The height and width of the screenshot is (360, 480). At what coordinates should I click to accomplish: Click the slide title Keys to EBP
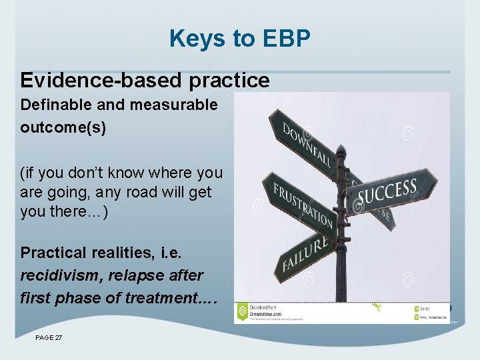point(240,39)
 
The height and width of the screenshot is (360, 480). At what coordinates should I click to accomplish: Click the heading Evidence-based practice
point(145,81)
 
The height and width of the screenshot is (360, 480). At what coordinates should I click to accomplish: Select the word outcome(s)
point(63,127)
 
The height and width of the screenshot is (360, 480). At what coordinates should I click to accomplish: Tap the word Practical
point(53,253)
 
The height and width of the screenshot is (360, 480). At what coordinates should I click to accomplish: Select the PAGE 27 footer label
point(49,338)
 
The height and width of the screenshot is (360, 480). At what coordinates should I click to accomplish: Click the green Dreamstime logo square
point(242,311)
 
